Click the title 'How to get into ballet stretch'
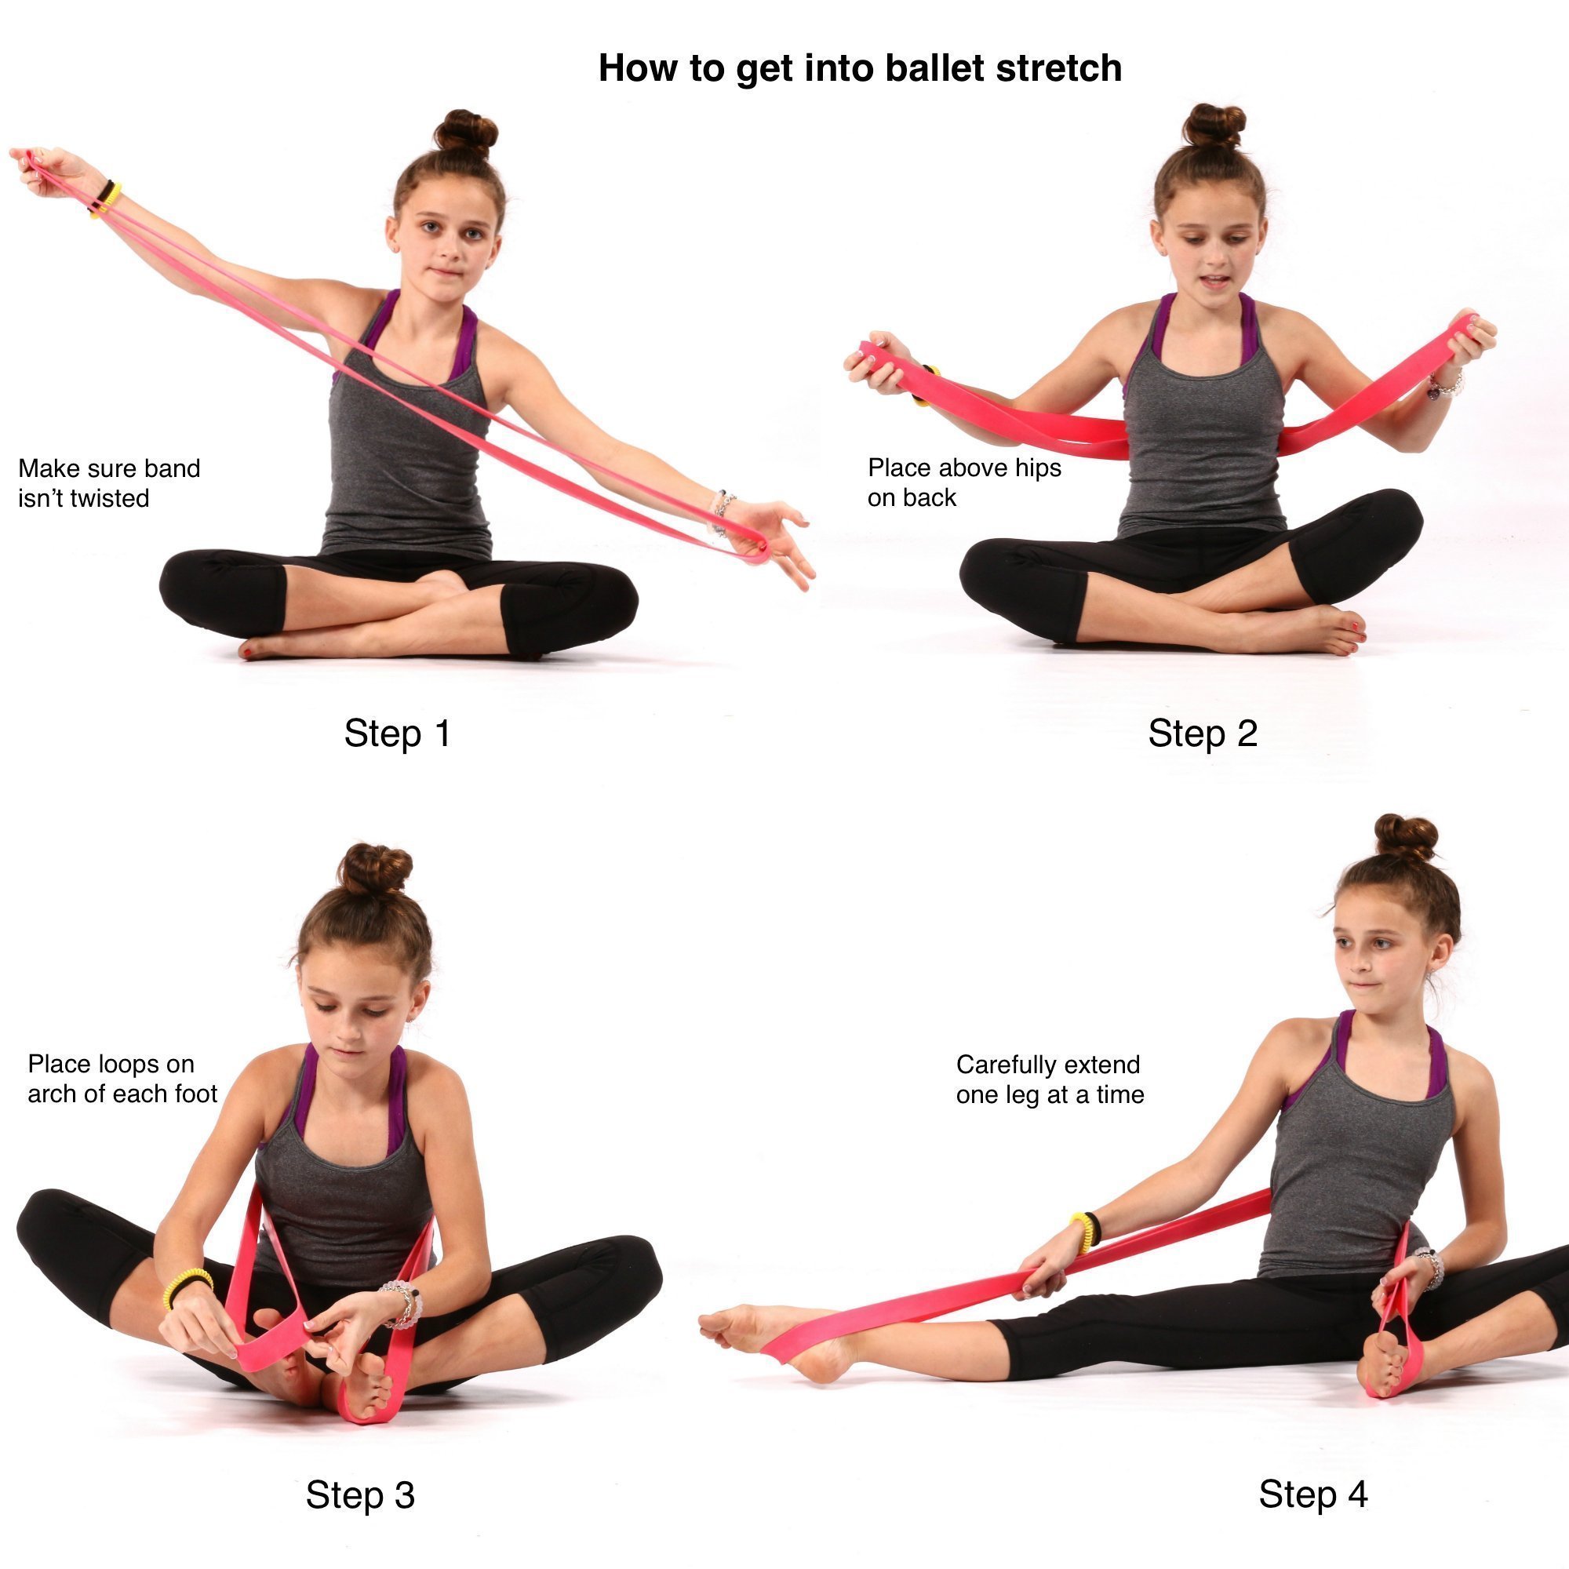[x=859, y=68]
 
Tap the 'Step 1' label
[x=396, y=734]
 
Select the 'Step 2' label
[x=1202, y=734]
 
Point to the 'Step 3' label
[x=360, y=1494]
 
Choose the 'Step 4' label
[x=1312, y=1494]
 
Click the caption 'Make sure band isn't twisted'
[x=109, y=483]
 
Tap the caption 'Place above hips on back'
[x=964, y=482]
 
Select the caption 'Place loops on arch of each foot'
[x=122, y=1079]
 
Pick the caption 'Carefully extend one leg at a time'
[x=1049, y=1079]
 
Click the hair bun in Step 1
[x=466, y=132]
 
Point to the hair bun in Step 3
[x=374, y=868]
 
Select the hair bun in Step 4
[x=1406, y=837]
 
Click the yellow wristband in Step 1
[x=106, y=199]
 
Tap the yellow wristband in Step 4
[x=1085, y=1230]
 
